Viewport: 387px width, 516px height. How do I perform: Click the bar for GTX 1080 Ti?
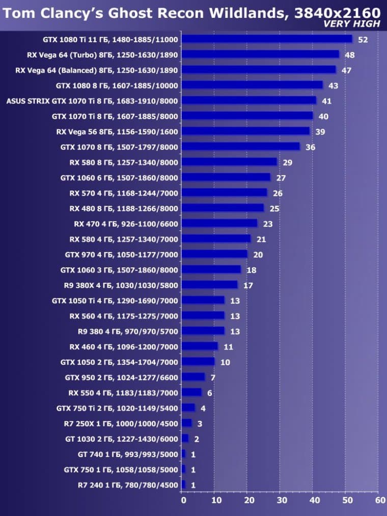267,39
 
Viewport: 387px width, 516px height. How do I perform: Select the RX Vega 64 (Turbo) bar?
260,54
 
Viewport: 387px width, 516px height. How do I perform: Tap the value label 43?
333,85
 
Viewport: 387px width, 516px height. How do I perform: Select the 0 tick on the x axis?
183,500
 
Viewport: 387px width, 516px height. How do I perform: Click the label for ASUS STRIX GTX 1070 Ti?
92,101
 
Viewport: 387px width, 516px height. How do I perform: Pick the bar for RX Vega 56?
245,131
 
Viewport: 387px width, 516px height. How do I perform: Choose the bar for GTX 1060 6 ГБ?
226,177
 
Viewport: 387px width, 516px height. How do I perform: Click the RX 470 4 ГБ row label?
126,224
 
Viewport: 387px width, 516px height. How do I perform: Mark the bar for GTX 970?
214,254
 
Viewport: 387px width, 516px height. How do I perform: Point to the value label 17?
248,285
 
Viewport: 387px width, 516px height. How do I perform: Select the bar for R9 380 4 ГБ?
203,331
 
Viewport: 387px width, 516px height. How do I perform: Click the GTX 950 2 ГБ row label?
121,377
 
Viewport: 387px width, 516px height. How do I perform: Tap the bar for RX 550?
191,392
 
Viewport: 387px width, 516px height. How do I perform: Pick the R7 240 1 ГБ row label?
128,485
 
